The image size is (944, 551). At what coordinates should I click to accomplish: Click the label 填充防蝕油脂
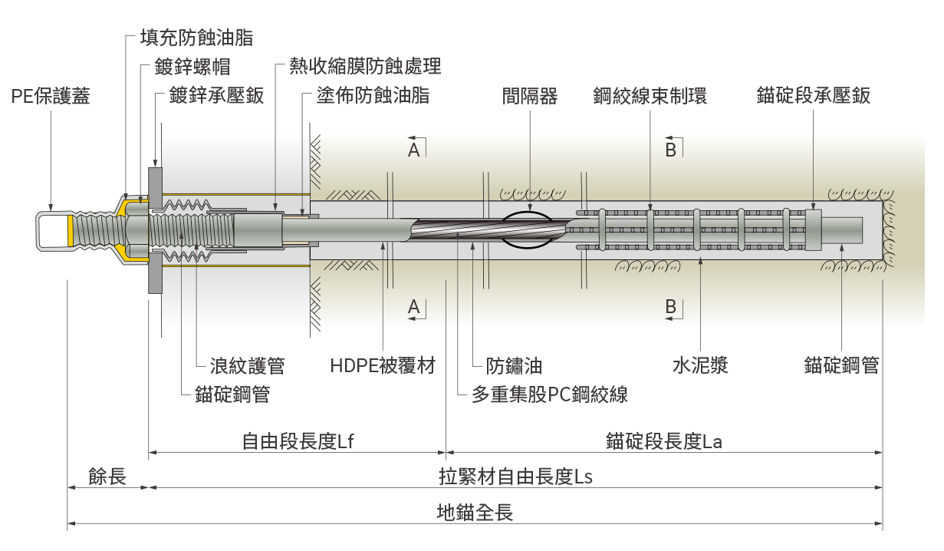197,38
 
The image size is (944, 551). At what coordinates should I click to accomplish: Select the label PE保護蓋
51,97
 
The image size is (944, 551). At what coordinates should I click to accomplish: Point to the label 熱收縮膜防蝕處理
365,66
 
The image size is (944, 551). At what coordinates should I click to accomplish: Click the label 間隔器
530,97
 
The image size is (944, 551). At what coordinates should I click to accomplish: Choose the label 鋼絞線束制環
650,97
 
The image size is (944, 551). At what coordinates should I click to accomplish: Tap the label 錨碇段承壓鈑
813,97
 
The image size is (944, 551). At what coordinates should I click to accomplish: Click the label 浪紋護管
247,366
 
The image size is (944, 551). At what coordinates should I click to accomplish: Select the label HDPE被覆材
382,366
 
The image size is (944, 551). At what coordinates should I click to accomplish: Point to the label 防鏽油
514,366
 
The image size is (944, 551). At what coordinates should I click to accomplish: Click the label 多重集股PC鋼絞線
550,395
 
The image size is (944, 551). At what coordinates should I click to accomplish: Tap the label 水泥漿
700,366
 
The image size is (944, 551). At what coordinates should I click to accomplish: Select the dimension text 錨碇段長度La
663,441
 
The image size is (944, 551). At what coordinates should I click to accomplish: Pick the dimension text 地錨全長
475,513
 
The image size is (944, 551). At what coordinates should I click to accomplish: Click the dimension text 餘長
107,477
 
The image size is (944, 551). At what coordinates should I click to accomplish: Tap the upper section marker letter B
670,150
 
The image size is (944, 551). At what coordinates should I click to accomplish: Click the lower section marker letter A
413,308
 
